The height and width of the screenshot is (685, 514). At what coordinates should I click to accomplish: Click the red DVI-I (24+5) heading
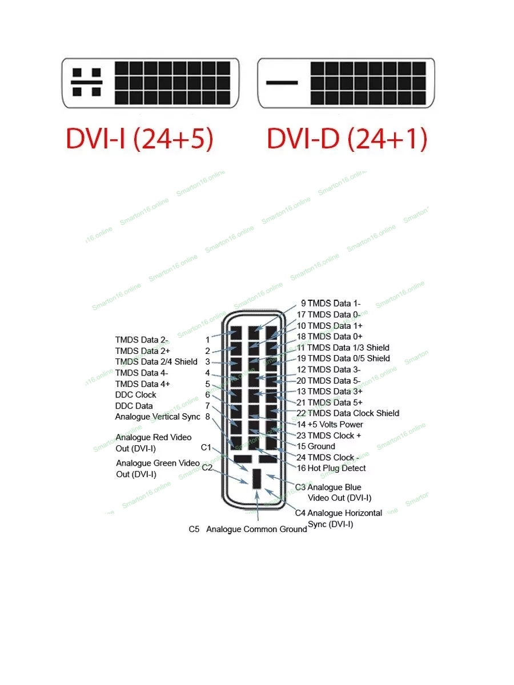[139, 139]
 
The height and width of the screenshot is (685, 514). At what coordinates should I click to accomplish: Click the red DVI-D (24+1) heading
[347, 139]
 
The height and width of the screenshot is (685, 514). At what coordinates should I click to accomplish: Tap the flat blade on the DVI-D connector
[282, 83]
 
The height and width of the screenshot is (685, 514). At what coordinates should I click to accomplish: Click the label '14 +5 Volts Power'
[330, 425]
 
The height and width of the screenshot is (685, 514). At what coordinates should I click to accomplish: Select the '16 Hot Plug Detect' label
[331, 468]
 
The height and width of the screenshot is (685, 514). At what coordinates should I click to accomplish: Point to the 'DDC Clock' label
[135, 395]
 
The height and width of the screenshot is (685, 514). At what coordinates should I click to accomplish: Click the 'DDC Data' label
[134, 406]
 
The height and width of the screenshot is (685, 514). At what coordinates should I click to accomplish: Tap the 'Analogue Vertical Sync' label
[158, 417]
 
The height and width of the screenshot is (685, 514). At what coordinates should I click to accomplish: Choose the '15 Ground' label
[315, 446]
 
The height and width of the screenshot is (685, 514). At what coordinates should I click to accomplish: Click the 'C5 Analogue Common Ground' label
[248, 529]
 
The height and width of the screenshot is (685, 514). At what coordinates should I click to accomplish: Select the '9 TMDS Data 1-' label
[331, 303]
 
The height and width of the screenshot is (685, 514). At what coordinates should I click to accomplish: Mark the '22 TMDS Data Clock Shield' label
[348, 413]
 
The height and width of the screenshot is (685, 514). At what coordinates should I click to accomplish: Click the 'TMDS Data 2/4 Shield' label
[156, 362]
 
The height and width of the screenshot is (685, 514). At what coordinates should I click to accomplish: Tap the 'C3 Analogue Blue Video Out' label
[334, 493]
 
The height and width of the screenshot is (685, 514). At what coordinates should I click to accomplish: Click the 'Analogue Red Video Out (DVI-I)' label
[153, 443]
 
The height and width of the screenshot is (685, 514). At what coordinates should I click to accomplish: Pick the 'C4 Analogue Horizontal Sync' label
[339, 519]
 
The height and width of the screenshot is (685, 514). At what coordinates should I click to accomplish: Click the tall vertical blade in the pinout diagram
[256, 479]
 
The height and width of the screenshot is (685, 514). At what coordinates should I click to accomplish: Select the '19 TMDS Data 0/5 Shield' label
[343, 358]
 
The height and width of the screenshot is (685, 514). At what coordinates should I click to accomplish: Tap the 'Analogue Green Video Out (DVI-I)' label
[158, 469]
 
